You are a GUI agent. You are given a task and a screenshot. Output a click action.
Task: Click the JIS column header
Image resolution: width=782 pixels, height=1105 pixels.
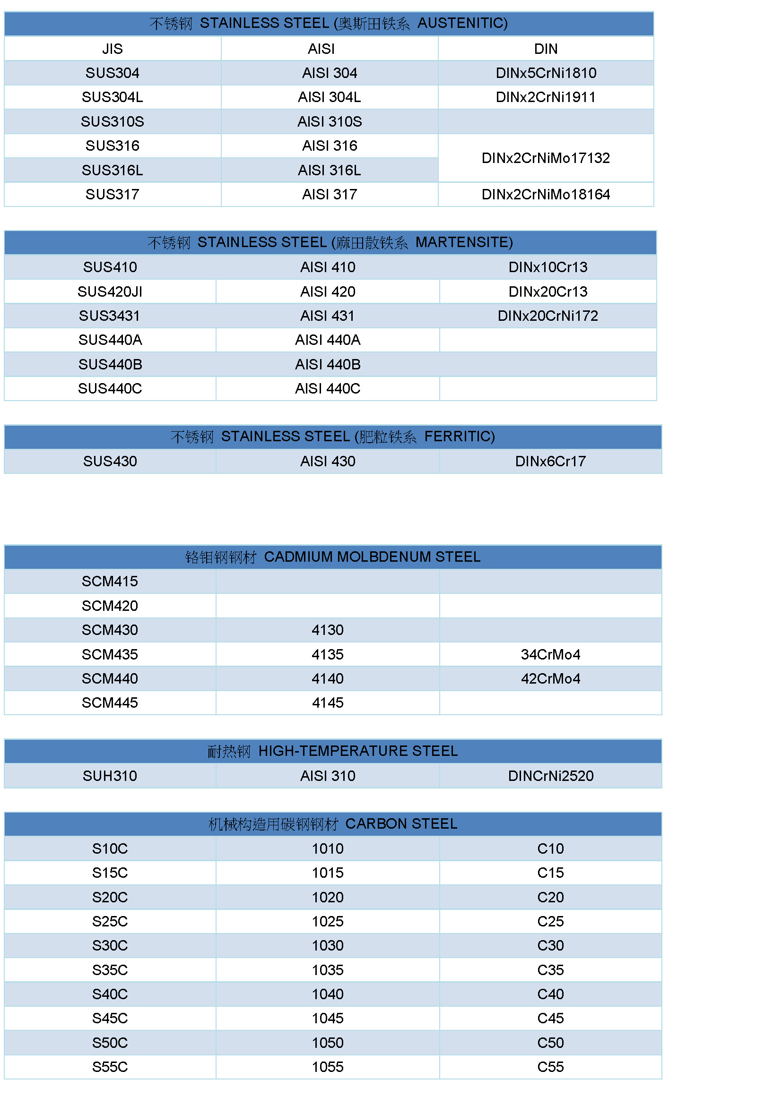112,49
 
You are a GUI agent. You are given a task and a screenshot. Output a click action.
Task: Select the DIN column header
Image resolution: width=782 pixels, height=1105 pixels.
546,49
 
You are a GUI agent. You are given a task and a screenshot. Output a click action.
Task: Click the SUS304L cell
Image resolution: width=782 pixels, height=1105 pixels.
112,97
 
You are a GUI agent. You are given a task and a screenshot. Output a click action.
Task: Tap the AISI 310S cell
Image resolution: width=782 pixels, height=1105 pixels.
330,121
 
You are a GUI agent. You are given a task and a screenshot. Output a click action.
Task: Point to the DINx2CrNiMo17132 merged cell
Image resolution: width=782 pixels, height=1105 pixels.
546,158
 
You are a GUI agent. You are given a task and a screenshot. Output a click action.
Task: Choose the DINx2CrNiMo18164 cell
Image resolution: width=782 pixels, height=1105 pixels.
546,195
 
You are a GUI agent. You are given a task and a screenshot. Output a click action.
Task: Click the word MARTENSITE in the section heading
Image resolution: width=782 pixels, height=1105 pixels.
463,242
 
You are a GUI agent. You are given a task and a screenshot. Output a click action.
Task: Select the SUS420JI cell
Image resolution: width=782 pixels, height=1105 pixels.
110,291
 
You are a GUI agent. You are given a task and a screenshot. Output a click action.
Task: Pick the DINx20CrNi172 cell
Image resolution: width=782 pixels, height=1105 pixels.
547,316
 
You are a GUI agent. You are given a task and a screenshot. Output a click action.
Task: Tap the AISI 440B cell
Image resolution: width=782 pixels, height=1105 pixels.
328,364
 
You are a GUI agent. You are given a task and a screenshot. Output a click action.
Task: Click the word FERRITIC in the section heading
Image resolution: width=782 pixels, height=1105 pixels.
459,437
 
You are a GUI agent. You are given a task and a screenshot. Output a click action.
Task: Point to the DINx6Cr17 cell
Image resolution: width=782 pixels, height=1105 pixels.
550,462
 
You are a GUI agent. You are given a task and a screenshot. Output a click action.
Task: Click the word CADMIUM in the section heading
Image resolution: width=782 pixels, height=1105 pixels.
298,557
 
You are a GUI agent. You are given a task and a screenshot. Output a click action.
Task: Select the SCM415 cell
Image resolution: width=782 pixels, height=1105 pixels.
110,582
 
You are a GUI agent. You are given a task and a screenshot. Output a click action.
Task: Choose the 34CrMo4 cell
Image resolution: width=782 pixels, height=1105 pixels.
550,654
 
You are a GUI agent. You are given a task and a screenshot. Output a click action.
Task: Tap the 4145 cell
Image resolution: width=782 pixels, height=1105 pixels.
328,702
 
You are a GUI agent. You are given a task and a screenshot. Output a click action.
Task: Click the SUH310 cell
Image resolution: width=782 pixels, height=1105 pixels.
110,776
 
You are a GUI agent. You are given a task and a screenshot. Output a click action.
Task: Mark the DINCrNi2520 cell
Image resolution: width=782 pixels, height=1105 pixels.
550,776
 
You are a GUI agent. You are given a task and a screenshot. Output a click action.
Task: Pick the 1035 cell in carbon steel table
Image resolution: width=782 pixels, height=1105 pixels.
328,970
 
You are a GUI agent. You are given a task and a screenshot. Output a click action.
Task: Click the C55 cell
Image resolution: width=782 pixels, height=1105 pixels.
550,1067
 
